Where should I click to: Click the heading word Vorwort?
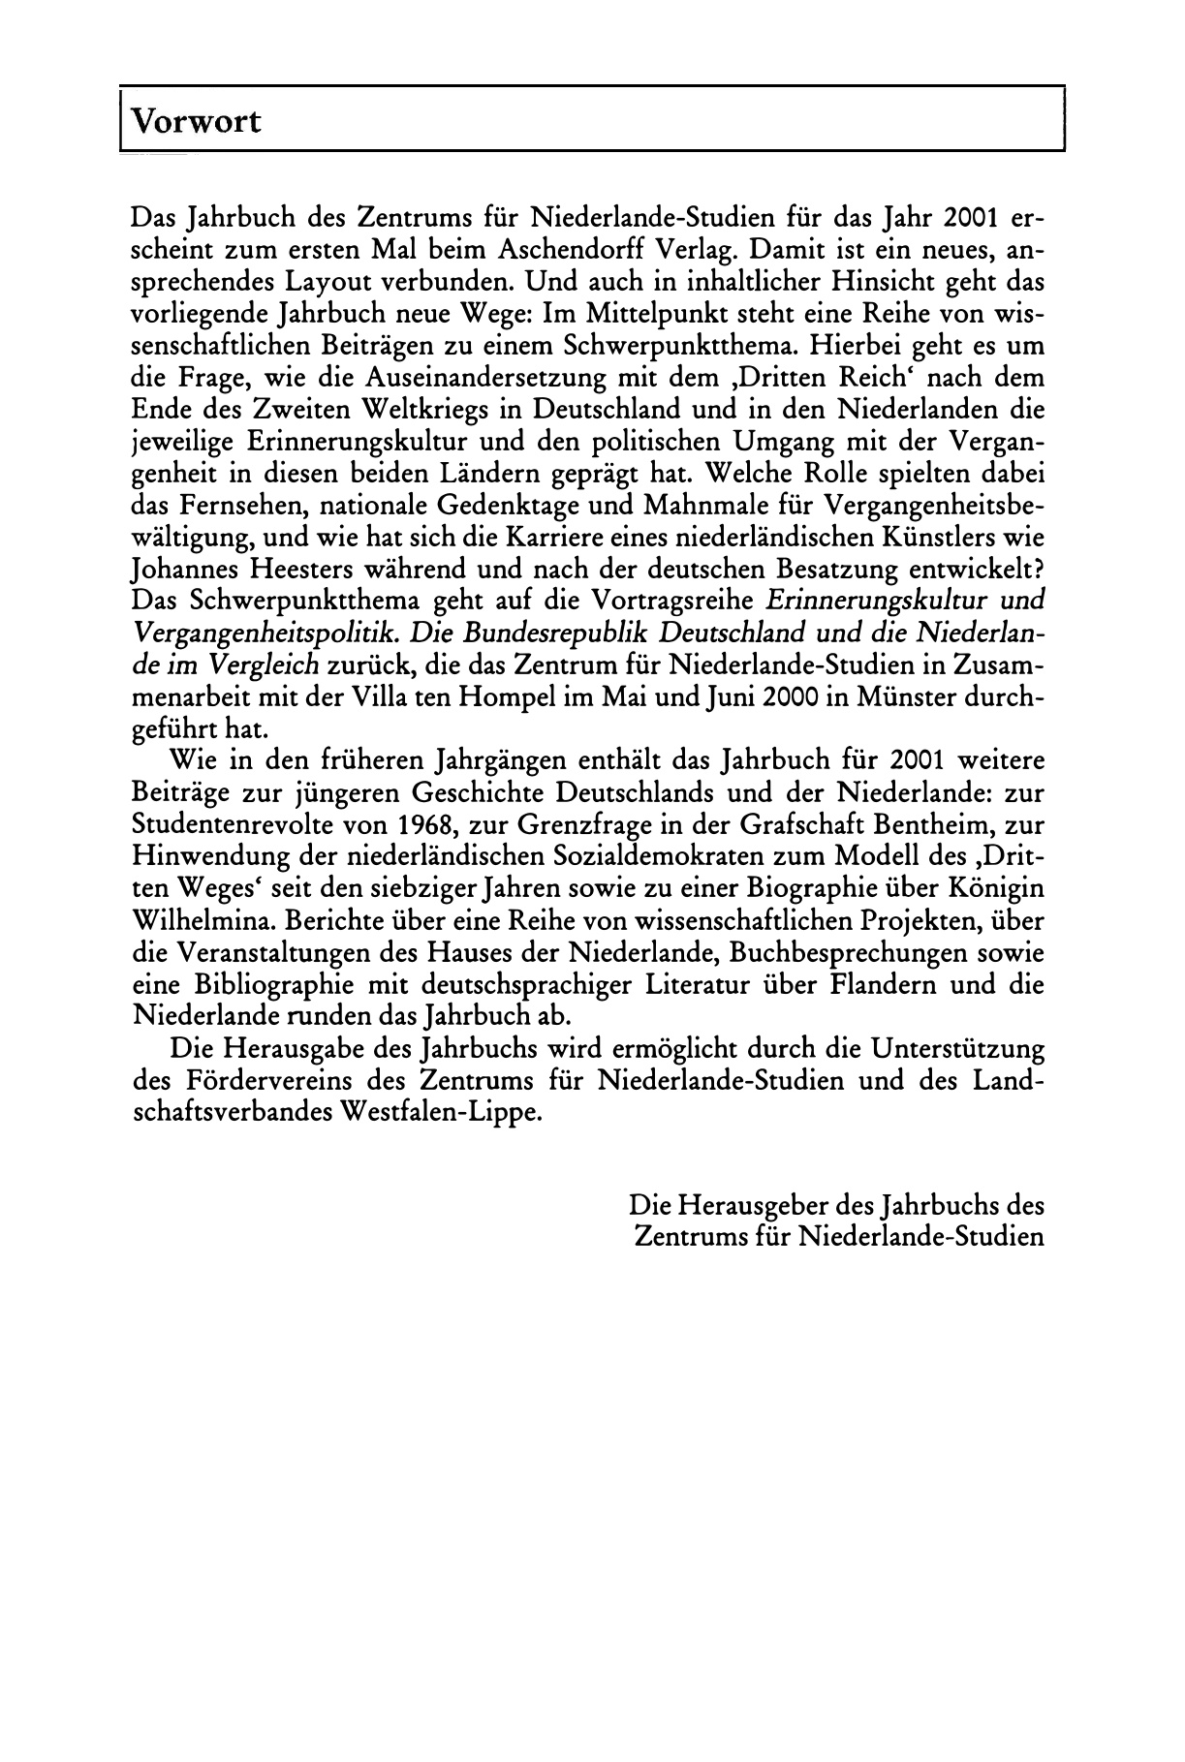(x=196, y=123)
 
